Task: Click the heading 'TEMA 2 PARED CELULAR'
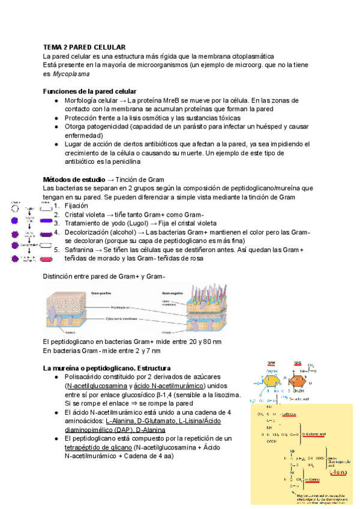pos(84,47)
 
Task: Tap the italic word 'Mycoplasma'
pos(71,74)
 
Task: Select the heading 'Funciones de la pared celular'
pos(90,91)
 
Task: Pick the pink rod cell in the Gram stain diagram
pos(46,259)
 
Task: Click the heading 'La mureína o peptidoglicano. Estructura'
pos(106,367)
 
